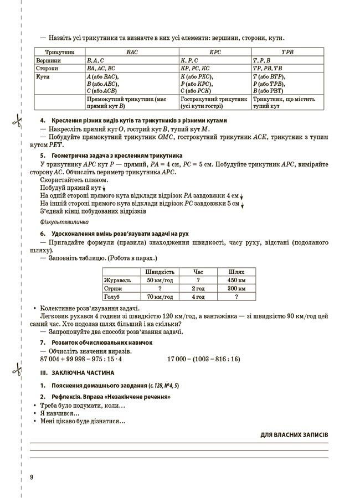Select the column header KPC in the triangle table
(214, 51)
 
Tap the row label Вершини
(48, 60)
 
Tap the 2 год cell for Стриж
(198, 288)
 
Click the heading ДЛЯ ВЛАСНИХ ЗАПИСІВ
(294, 435)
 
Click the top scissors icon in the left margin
(18, 120)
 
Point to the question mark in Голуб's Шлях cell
(236, 297)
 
